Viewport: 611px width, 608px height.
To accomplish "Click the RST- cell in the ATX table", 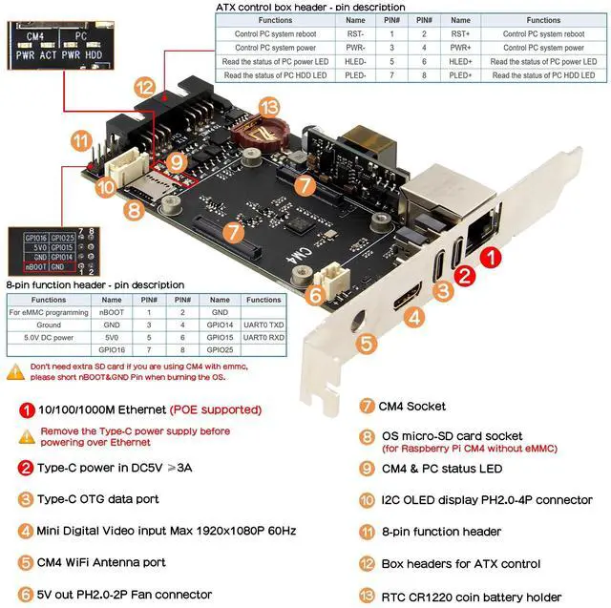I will pyautogui.click(x=355, y=32).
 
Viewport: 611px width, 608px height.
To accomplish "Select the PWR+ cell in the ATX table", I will pyautogui.click(x=460, y=47).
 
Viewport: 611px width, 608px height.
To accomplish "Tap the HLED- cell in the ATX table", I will pyautogui.click(x=355, y=61).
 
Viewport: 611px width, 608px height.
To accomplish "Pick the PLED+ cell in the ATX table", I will pyautogui.click(x=460, y=74).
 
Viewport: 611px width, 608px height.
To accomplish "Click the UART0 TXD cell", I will pyautogui.click(x=263, y=325).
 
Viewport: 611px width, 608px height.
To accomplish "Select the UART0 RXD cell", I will pyautogui.click(x=263, y=338).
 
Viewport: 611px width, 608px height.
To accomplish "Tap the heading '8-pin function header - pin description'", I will pyautogui.click(x=95, y=285).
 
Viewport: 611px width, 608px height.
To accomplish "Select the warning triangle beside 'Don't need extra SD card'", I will pyautogui.click(x=16, y=367).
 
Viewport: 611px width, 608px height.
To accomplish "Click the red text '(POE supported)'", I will pyautogui.click(x=216, y=409).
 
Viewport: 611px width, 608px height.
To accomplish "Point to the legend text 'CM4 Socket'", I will pyautogui.click(x=411, y=406).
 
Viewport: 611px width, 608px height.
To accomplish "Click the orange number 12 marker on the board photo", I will pyautogui.click(x=144, y=87).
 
